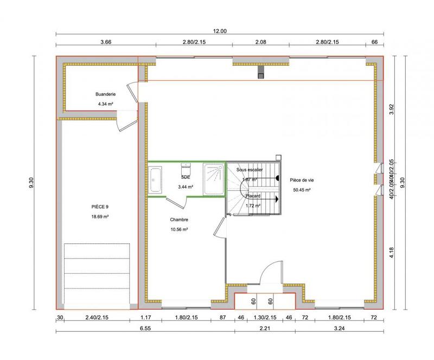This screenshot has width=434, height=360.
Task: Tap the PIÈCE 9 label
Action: coord(100,207)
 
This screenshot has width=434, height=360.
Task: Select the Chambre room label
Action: coord(179,220)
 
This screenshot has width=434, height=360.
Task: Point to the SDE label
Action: coord(186,177)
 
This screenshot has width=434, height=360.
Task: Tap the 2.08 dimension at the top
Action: coord(260,41)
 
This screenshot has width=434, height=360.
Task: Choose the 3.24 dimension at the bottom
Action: coord(338,329)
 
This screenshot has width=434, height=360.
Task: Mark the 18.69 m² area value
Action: coord(100,217)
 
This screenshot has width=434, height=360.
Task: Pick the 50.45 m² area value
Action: coord(301,190)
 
